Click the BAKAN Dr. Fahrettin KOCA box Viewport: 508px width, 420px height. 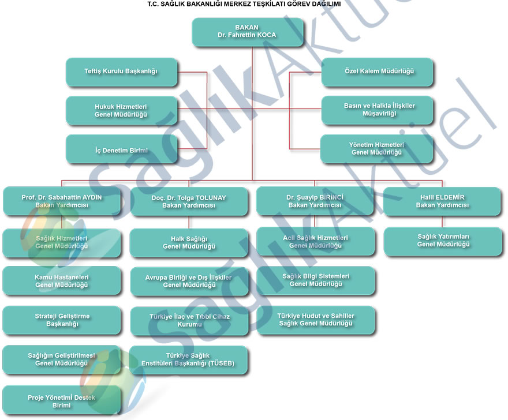click(247, 32)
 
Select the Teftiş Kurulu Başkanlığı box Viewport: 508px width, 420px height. click(121, 72)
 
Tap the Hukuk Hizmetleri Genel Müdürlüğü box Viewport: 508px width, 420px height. click(121, 111)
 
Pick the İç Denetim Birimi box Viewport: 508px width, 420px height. click(121, 150)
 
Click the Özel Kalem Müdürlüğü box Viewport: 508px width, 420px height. click(376, 72)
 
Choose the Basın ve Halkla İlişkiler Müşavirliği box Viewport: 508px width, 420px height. click(376, 110)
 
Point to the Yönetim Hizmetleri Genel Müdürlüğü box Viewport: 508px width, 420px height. click(376, 149)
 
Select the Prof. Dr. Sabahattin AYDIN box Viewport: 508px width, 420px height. click(62, 201)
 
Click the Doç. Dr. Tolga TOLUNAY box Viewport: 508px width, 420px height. click(189, 201)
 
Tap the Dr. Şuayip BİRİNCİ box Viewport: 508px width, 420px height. click(315, 201)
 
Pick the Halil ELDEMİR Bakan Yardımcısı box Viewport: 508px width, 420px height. click(442, 201)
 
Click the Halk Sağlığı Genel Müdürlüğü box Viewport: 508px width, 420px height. click(189, 243)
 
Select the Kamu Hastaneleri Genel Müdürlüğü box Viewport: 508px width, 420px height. click(62, 281)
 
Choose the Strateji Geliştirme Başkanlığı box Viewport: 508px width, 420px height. click(62, 320)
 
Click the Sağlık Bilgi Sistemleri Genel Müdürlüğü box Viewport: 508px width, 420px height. click(315, 280)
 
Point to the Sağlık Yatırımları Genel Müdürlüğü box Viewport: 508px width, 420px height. click(442, 241)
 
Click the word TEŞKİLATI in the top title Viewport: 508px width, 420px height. click(267, 4)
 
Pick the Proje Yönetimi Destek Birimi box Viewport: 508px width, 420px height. click(62, 400)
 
